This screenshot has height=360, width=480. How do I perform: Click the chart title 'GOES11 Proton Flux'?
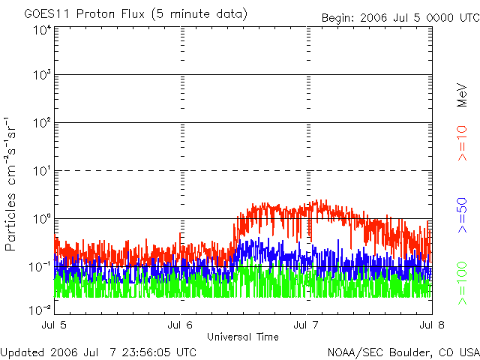click(84, 14)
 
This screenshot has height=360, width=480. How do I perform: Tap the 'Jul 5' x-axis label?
click(54, 325)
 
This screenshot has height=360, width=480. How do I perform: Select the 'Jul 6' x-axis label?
click(180, 325)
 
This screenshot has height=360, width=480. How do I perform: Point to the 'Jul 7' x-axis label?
click(306, 325)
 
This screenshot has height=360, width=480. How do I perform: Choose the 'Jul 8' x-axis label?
click(432, 325)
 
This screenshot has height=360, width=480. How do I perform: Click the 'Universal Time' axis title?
click(243, 337)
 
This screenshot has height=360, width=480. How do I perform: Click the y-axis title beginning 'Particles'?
click(10, 184)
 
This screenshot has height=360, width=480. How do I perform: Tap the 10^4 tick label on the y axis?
click(43, 31)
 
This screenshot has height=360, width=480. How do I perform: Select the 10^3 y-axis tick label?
click(43, 75)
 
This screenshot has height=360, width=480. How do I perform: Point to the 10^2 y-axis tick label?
click(43, 123)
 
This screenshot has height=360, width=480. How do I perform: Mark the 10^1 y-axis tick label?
click(43, 171)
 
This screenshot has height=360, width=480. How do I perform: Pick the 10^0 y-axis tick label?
click(43, 219)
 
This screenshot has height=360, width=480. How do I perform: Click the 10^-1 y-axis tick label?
click(40, 267)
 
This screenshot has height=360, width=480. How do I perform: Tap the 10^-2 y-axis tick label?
click(40, 310)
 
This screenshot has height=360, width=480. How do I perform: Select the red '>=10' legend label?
click(462, 143)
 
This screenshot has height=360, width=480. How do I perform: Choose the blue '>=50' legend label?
click(462, 215)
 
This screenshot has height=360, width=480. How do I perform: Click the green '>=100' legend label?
click(462, 283)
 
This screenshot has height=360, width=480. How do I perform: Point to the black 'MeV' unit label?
click(462, 95)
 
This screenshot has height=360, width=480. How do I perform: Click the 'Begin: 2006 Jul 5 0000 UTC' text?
click(400, 18)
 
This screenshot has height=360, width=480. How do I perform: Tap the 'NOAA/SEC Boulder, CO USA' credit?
click(403, 352)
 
